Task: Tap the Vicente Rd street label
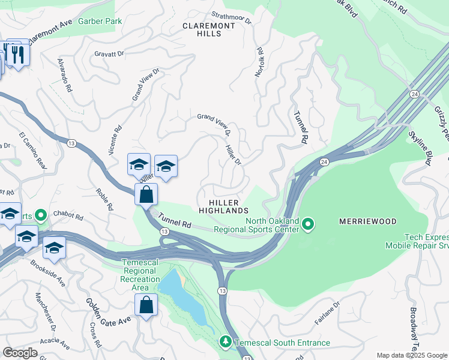tap(115, 140)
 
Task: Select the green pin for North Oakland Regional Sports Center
tap(308, 224)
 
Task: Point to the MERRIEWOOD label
tap(367, 221)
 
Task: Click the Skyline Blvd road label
tap(420, 148)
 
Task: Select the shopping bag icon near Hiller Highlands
tap(146, 194)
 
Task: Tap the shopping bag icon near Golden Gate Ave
tap(146, 304)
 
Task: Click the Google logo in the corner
tap(20, 352)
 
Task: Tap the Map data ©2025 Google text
tap(411, 355)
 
